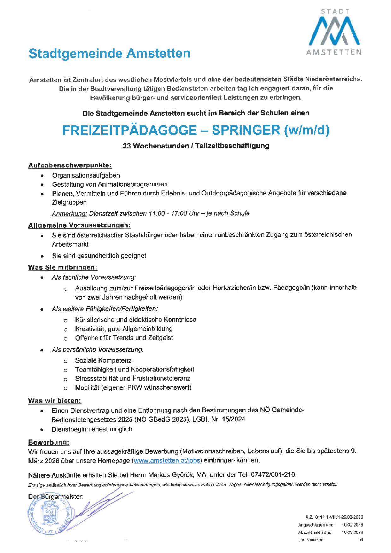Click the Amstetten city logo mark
[x=334, y=31]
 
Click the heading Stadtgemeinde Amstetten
[x=109, y=54]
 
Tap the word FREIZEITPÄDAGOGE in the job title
[x=129, y=130]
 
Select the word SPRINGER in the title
[x=246, y=130]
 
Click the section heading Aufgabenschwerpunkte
[x=70, y=166]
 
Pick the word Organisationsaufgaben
[x=86, y=175]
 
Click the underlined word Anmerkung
[x=69, y=214]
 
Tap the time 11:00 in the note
[x=157, y=213]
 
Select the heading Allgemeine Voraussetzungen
[x=79, y=225]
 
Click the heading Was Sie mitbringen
[x=63, y=267]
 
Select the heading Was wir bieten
[x=55, y=401]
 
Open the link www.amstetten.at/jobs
[x=167, y=460]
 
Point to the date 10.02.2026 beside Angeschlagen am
[x=352, y=525]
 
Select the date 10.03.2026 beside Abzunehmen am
[x=352, y=532]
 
